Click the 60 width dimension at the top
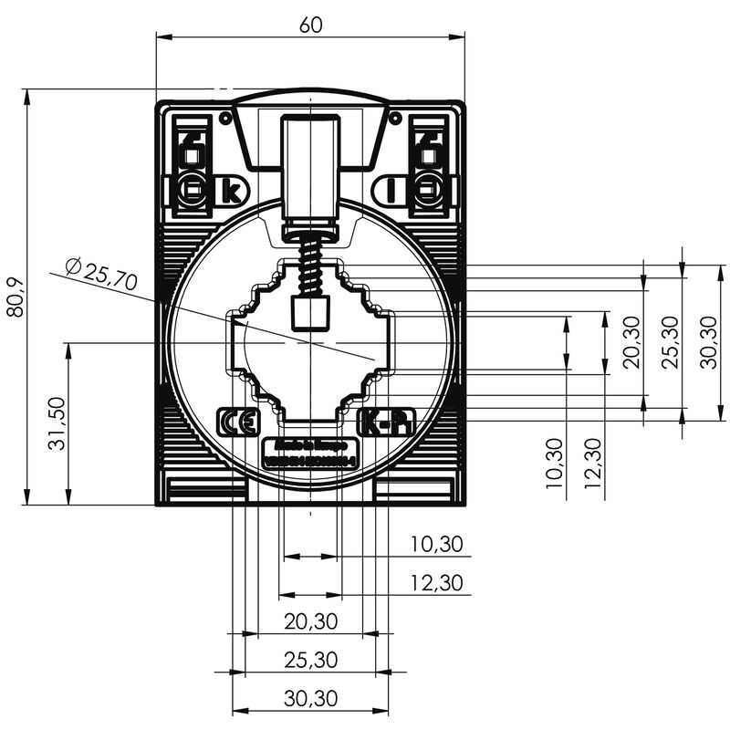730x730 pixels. (310, 26)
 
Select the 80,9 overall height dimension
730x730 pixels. (15, 297)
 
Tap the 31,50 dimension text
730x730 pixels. (57, 424)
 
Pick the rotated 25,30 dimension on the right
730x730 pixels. (671, 342)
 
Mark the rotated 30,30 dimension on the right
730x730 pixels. (710, 342)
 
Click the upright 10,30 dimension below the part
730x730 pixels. (436, 545)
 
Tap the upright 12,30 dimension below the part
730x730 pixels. (436, 583)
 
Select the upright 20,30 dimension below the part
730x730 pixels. (310, 622)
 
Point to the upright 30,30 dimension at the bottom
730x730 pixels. (310, 699)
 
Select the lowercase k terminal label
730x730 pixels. (232, 192)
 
